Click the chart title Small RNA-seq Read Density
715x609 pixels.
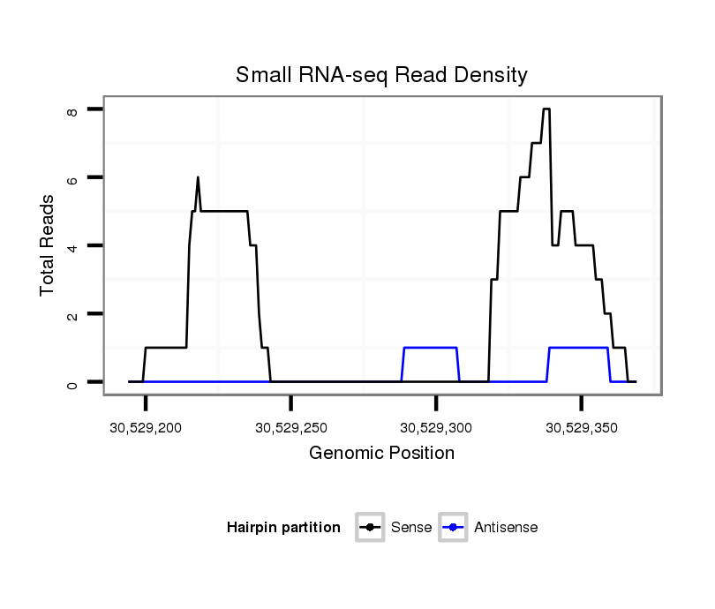click(381, 75)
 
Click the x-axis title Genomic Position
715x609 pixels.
click(381, 454)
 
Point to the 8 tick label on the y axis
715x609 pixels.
click(73, 110)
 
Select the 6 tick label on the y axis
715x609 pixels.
click(73, 178)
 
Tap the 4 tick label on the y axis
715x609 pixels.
click(73, 246)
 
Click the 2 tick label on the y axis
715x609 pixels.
click(73, 315)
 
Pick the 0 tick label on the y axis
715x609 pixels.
click(73, 383)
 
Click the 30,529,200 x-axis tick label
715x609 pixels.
click(146, 428)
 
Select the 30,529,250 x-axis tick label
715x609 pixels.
click(290, 428)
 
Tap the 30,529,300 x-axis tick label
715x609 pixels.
click(436, 428)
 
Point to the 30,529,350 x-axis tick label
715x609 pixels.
click(581, 428)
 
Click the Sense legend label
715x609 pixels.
click(411, 528)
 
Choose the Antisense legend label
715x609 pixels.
click(506, 528)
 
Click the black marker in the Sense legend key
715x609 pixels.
click(370, 528)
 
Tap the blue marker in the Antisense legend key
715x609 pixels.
click(452, 528)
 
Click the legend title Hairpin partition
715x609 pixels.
click(283, 528)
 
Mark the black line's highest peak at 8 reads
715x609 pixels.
click(546, 109)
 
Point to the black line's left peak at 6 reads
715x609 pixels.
click(198, 177)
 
